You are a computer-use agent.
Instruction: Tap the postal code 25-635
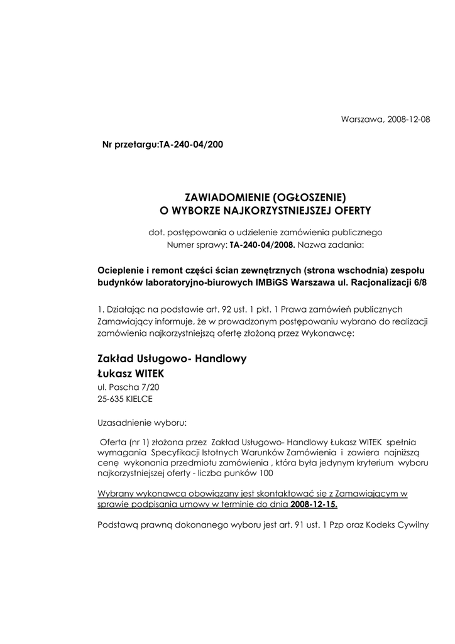pos(110,399)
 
